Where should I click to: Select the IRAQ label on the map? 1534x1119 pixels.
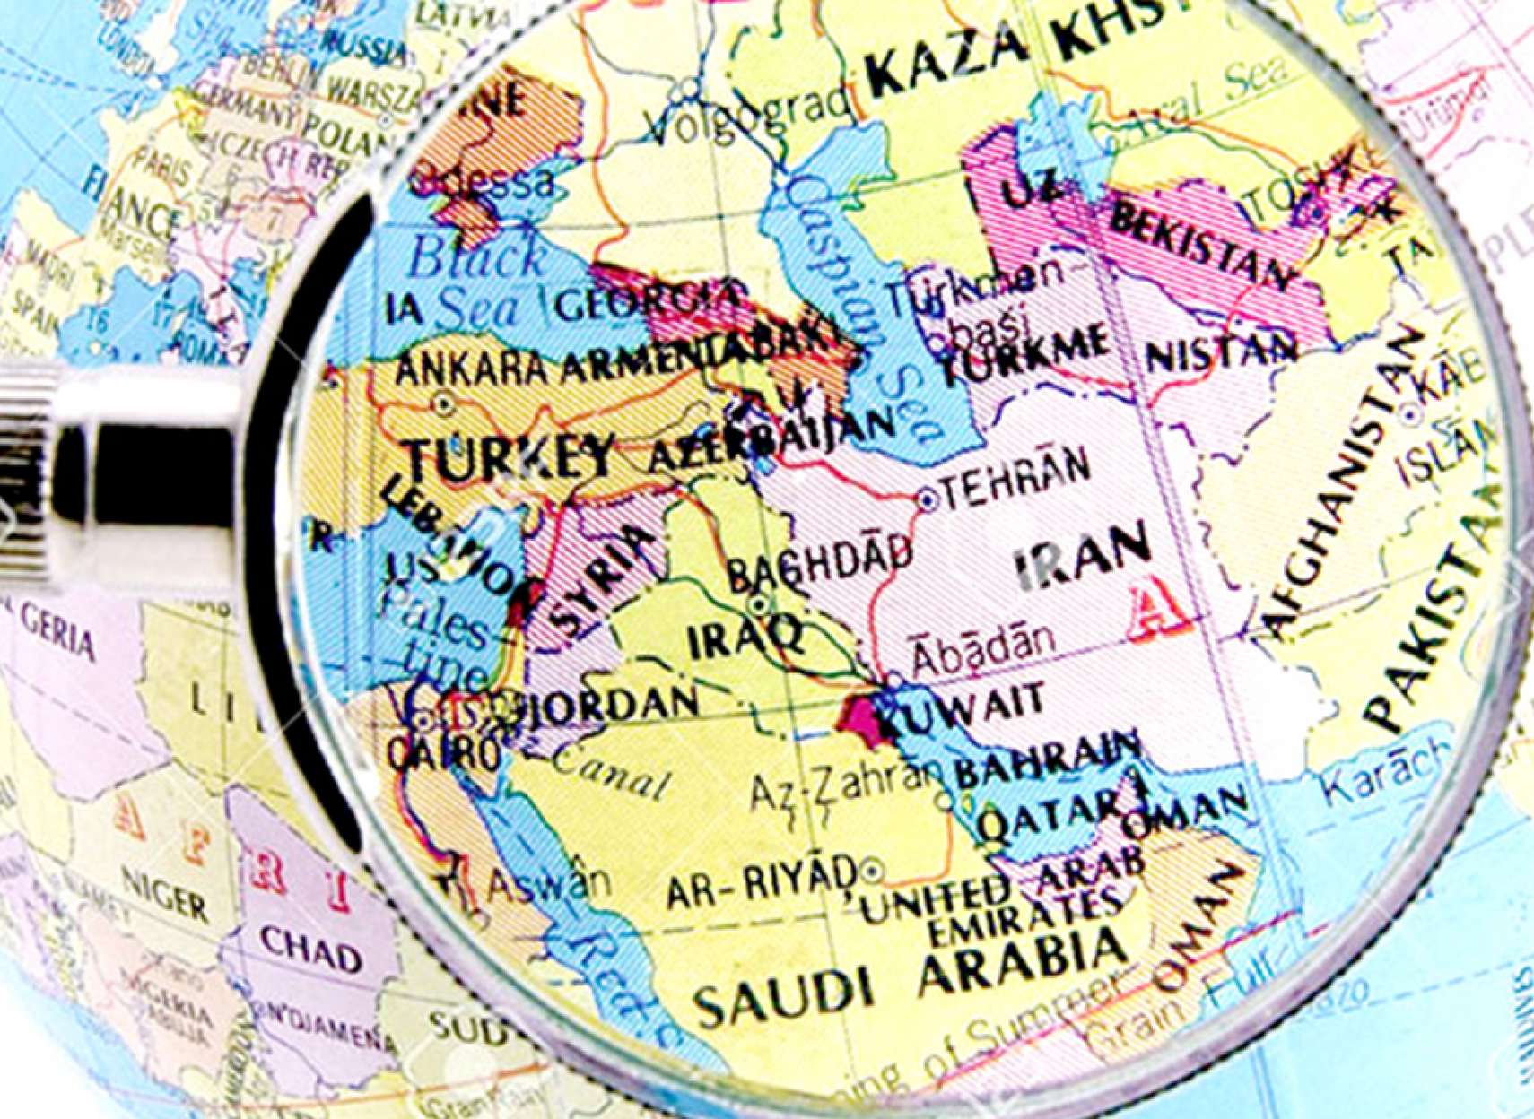(x=744, y=638)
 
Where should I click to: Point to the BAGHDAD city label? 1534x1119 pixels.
(x=818, y=561)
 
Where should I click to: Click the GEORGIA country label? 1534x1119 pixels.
(x=649, y=301)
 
